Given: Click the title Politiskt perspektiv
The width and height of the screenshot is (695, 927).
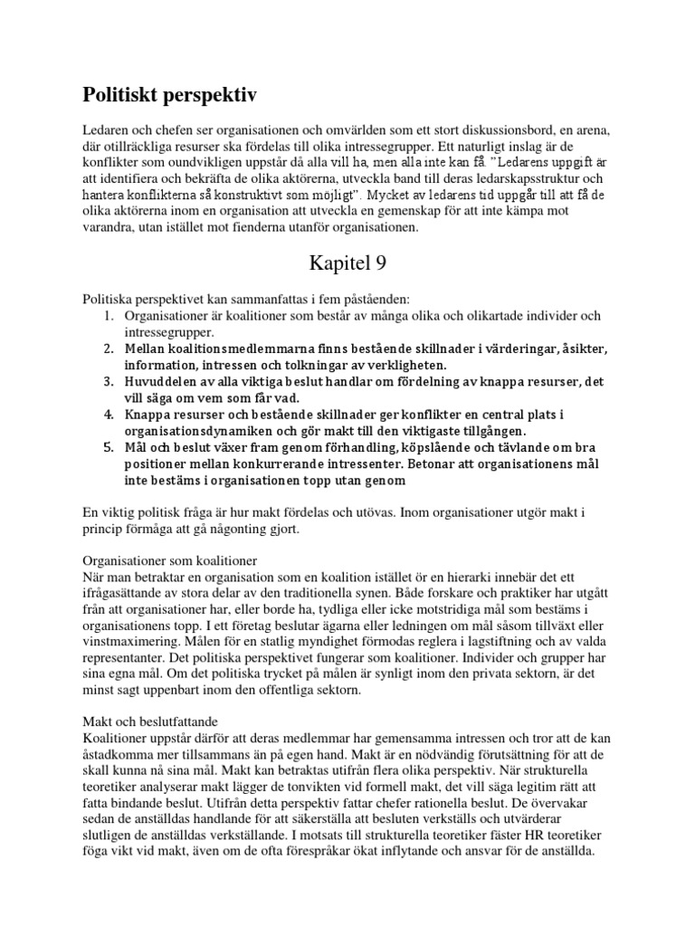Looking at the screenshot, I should click(171, 93).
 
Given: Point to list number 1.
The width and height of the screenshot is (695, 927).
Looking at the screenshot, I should click(106, 317).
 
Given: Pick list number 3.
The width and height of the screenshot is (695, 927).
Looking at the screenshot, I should click(106, 381).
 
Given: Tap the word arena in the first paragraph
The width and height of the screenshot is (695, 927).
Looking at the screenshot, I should click(565, 129).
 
